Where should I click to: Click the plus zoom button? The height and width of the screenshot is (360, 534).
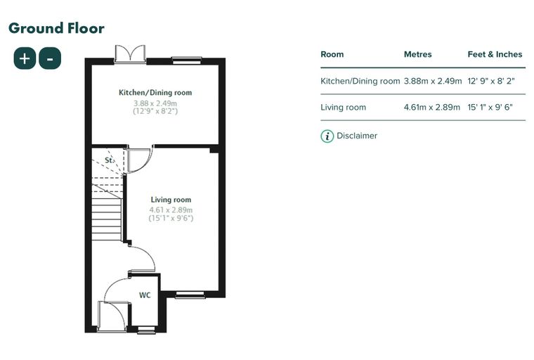[x=25, y=58]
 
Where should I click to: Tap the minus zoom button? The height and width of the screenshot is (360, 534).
[x=50, y=58]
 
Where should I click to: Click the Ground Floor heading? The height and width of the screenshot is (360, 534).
[x=56, y=28]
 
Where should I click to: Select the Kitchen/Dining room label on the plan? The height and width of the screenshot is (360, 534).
[x=155, y=92]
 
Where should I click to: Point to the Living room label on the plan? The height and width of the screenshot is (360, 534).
[x=171, y=200]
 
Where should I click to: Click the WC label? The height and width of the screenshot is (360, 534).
[x=145, y=295]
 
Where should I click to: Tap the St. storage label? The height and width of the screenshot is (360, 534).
[x=110, y=160]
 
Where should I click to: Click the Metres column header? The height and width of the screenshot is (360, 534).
[x=417, y=54]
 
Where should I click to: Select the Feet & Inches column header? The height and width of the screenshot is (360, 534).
[x=495, y=54]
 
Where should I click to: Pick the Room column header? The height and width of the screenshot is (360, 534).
[x=332, y=54]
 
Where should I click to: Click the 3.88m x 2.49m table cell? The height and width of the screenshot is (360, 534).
[x=433, y=81]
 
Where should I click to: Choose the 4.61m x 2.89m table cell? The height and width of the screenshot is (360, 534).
[x=432, y=108]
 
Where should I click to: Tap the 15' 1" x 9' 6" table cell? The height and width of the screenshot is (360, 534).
[x=490, y=108]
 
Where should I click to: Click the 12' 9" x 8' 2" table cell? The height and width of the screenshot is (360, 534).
[x=491, y=81]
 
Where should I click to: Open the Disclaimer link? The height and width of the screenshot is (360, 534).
[x=357, y=136]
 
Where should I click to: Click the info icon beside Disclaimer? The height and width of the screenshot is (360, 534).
[x=327, y=136]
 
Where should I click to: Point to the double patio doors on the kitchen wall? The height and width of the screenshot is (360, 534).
[x=130, y=54]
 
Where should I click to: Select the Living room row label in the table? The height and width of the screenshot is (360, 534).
[x=344, y=108]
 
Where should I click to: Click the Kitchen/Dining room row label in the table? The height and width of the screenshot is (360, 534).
[x=360, y=81]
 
